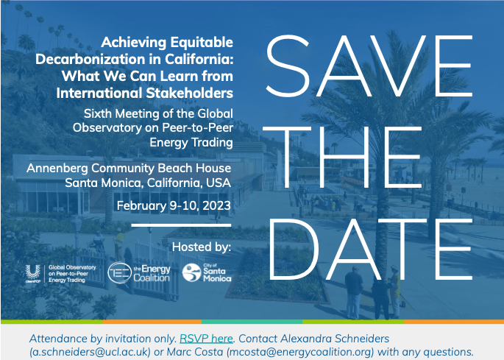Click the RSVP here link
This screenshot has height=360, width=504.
pos(206,339)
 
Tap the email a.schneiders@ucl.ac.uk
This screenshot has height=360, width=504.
pos(90,352)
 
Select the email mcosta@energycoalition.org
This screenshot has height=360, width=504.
pos(300,352)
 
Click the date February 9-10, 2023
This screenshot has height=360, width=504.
pos(174,205)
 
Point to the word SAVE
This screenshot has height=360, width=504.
pos(369,66)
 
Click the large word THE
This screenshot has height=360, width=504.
pos(342,157)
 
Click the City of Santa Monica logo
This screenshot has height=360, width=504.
pos(207,273)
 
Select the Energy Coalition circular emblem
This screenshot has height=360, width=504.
pos(120,273)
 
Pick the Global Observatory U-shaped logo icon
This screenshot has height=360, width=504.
pos(33,272)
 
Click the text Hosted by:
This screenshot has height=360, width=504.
pos(202,247)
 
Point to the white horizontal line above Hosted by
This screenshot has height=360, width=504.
pos(181,225)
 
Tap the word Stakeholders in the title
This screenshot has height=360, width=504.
pos(189,93)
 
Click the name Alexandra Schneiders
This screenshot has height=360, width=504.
pos(335,339)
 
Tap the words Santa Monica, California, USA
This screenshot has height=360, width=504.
pos(148,183)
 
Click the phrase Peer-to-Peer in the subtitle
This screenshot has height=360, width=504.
pos(198,127)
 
